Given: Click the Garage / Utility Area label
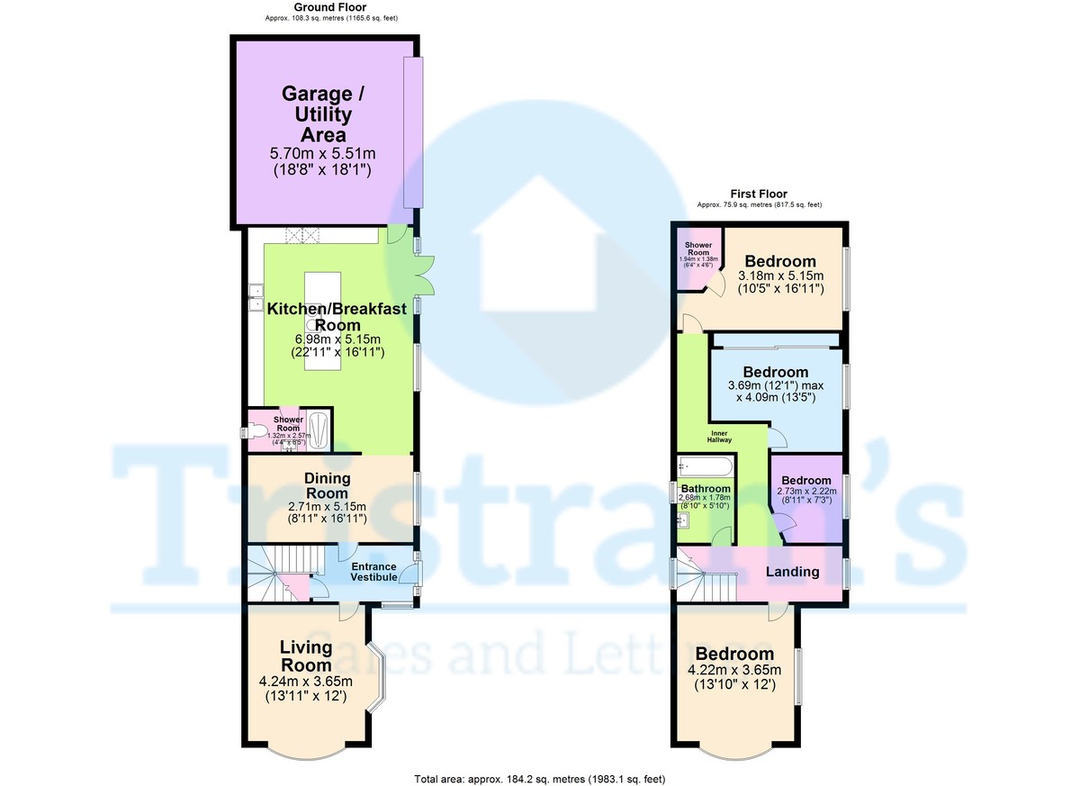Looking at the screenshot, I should tap(317, 114).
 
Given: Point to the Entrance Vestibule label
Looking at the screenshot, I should tap(373, 572).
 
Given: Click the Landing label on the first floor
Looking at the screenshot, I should tap(792, 572).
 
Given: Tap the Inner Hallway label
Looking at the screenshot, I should tap(720, 436).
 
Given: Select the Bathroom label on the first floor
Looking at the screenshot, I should tap(706, 489).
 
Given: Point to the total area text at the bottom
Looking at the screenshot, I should tap(540, 779).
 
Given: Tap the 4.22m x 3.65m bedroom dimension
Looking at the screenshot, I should tap(734, 670).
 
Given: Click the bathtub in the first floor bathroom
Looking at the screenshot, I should tap(706, 467).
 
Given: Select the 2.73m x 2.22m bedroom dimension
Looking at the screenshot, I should tap(806, 492).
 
